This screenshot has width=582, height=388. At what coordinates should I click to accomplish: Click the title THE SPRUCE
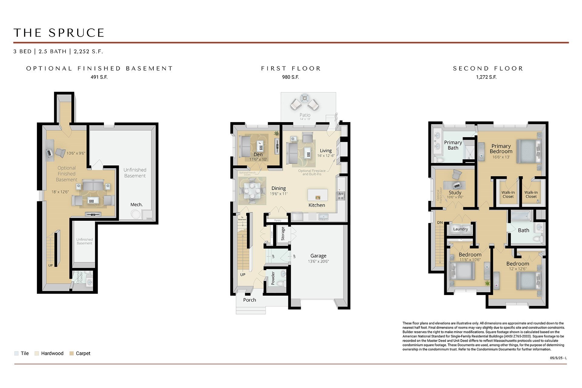[59, 33]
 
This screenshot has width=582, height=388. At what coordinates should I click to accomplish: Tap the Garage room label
[318, 256]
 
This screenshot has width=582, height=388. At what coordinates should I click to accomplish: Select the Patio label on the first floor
[305, 115]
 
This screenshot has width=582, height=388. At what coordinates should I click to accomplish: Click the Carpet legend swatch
[72, 353]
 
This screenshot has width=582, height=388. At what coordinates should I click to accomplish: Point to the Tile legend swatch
[16, 353]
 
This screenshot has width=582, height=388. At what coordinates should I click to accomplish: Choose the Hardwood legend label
[52, 353]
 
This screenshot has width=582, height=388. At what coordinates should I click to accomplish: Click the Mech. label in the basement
[136, 204]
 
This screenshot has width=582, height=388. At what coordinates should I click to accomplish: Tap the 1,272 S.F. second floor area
[486, 77]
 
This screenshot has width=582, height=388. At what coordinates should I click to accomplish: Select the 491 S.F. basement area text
[99, 77]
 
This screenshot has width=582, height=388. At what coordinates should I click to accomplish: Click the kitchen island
[318, 195]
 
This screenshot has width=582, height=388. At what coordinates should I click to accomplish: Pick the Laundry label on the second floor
[460, 229]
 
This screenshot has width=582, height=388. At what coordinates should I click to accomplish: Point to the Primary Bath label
[453, 145]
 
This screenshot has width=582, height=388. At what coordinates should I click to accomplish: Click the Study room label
[455, 193]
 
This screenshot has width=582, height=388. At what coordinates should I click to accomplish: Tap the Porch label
[249, 300]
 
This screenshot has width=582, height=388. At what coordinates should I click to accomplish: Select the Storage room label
[283, 234]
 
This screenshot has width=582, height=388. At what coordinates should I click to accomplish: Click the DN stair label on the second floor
[440, 222]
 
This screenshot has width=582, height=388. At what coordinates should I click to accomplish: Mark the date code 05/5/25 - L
[558, 358]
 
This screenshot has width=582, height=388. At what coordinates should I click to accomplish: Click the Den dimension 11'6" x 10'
[258, 159]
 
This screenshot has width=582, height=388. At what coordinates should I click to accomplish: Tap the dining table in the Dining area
[252, 191]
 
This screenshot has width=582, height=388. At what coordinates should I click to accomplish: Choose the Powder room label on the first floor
[273, 278]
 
